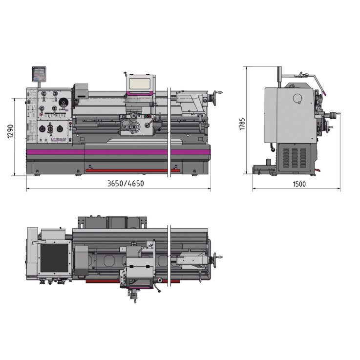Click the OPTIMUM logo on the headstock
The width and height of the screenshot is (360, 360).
coord(58,140)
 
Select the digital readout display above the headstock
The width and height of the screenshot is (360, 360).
coord(39,74)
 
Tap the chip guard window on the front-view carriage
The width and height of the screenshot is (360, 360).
coord(139,83)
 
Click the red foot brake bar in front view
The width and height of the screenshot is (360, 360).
coord(127,170)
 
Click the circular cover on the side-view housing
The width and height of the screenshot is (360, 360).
coord(297,99)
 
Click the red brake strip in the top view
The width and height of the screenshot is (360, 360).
coord(127,282)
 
